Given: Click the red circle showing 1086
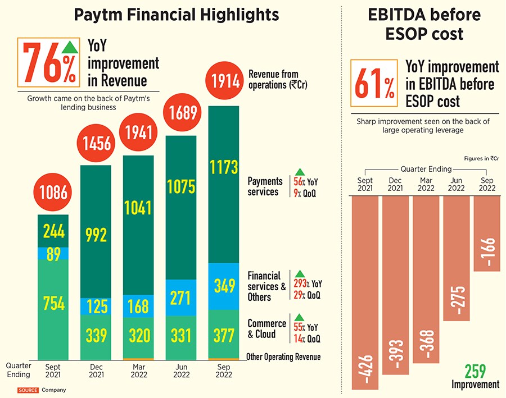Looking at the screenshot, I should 53,193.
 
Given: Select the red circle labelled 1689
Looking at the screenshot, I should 181,113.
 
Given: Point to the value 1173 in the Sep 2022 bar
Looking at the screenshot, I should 224,167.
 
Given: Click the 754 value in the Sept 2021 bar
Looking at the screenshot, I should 53,304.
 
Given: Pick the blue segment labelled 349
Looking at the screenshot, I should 224,287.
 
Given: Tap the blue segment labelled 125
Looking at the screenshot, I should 96,306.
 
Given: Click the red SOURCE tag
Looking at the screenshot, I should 28,390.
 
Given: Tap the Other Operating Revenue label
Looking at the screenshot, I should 283,357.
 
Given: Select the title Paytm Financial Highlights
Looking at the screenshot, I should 177,15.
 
